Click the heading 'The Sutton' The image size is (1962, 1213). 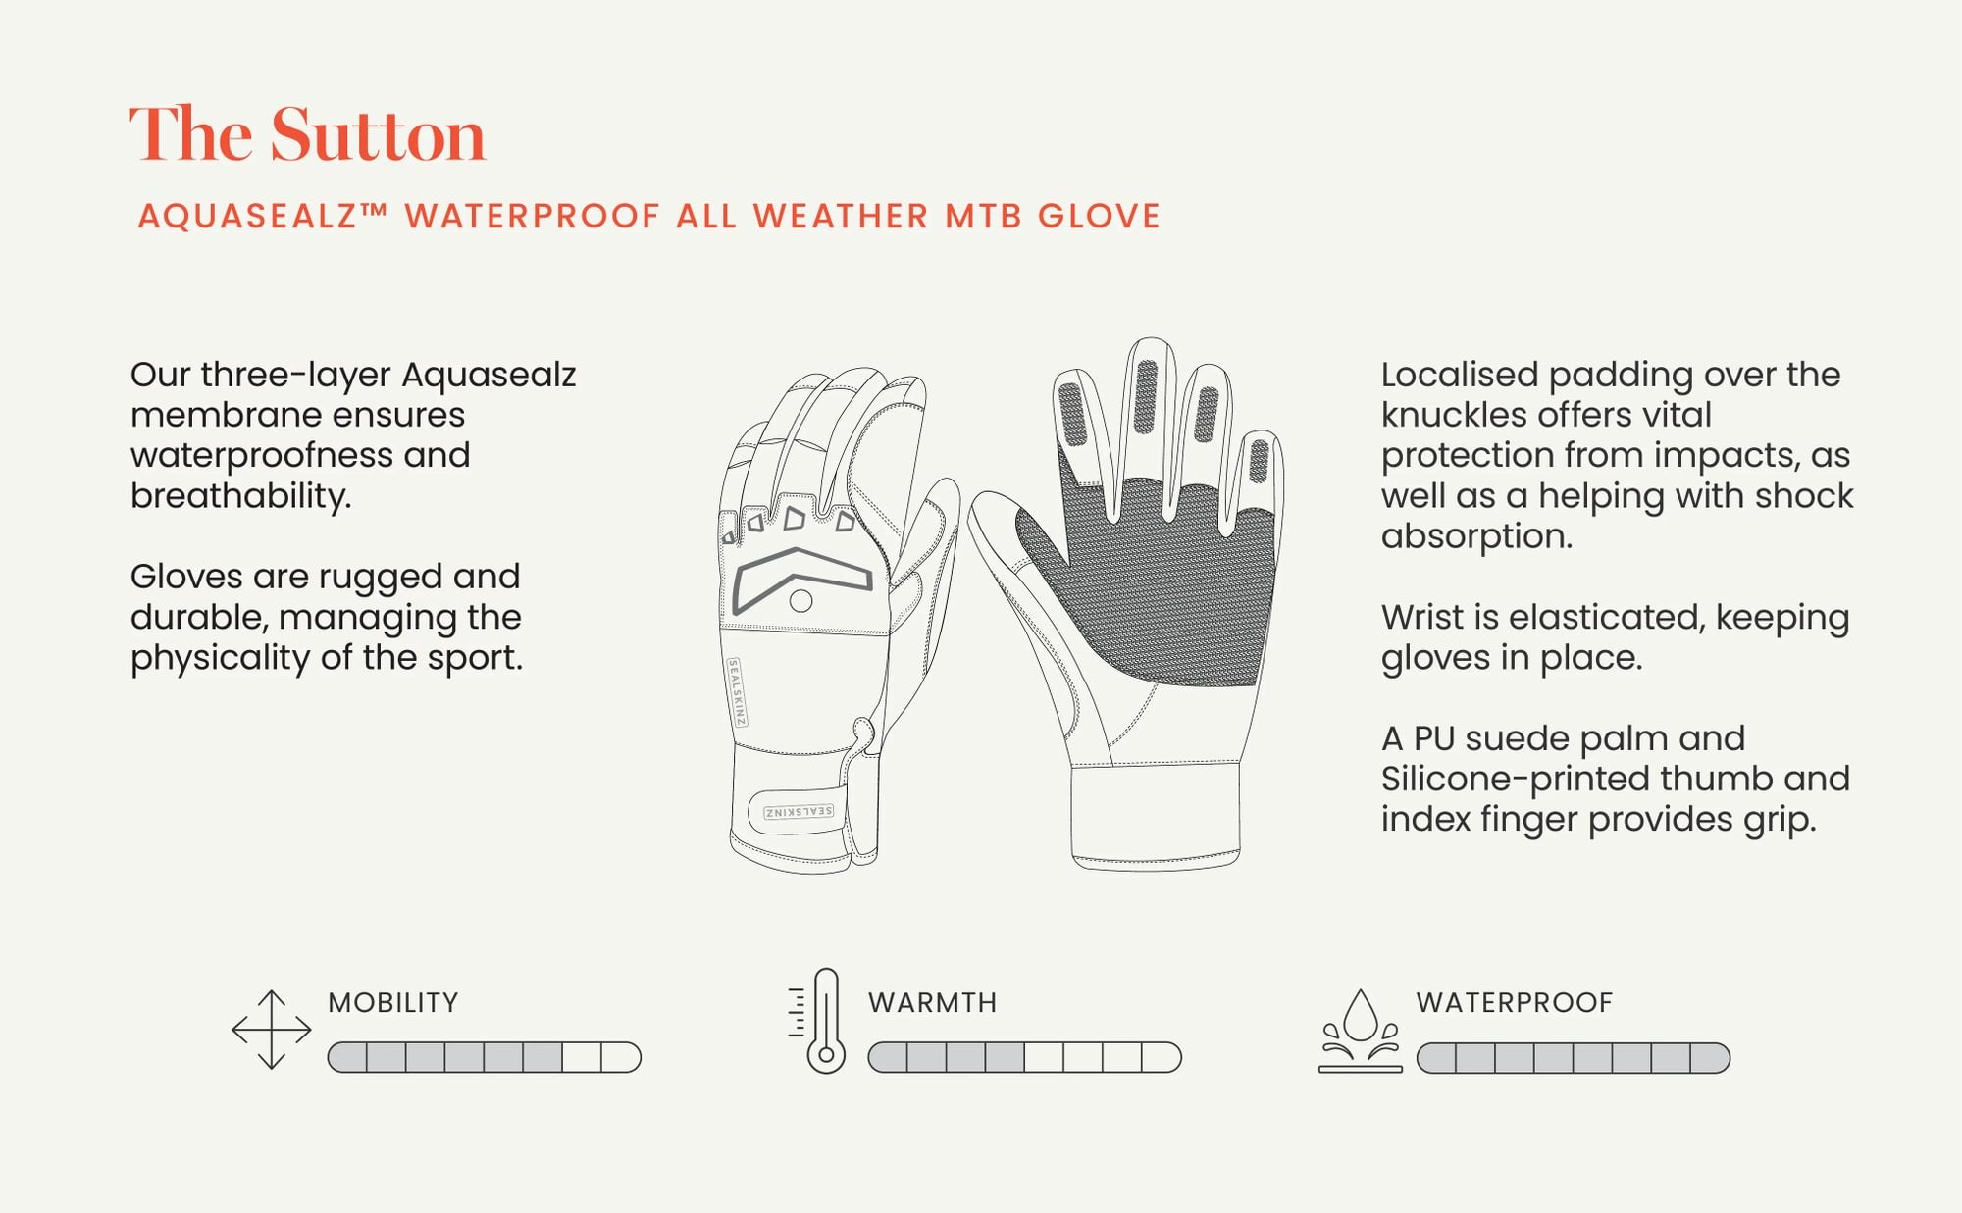coord(308,134)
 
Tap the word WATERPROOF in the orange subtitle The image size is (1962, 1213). coord(533,216)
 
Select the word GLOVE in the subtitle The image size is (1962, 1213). coord(1100,216)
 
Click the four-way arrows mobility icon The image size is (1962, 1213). coord(272,1030)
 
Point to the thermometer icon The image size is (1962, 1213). coord(817,1021)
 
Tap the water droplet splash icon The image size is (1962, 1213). coord(1361,1031)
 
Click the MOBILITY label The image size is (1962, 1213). coord(393,1002)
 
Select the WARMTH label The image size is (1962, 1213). coord(933,1002)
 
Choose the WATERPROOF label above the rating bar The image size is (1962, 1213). coord(1515,1002)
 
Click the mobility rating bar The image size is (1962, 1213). coord(485,1057)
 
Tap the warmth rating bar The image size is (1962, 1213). coord(1025,1057)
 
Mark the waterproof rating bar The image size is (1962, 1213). coord(1574,1058)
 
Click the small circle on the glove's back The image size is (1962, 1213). coord(800,601)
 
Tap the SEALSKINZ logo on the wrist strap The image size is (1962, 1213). coord(799,812)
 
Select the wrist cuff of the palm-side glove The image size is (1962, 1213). coord(1156,816)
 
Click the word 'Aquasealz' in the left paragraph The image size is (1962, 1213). coord(489,375)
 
